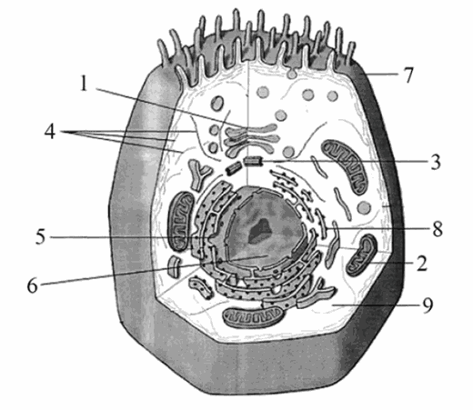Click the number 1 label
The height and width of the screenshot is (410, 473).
(x=85, y=83)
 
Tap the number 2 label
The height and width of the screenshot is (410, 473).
(x=421, y=263)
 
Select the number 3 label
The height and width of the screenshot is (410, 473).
(x=435, y=162)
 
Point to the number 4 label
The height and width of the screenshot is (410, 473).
(x=50, y=132)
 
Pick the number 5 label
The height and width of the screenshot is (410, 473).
(x=41, y=236)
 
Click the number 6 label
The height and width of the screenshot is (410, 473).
(x=33, y=285)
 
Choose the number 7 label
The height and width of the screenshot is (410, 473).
(x=408, y=75)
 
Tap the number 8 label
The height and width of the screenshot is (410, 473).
(x=438, y=229)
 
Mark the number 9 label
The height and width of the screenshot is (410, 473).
(x=428, y=305)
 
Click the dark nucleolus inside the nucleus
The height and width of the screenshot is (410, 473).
(x=259, y=231)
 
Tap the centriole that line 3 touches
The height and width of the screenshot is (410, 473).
(x=253, y=161)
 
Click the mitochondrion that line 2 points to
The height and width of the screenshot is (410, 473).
(x=362, y=255)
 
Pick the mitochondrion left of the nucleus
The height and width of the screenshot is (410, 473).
(x=181, y=222)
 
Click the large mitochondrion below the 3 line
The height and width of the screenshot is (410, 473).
(x=345, y=166)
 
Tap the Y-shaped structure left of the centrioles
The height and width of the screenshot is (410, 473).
(x=199, y=175)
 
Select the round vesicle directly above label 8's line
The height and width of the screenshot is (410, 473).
(x=364, y=207)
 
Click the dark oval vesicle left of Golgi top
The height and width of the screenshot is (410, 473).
(x=217, y=103)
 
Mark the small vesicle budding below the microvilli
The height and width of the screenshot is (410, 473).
(x=292, y=74)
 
